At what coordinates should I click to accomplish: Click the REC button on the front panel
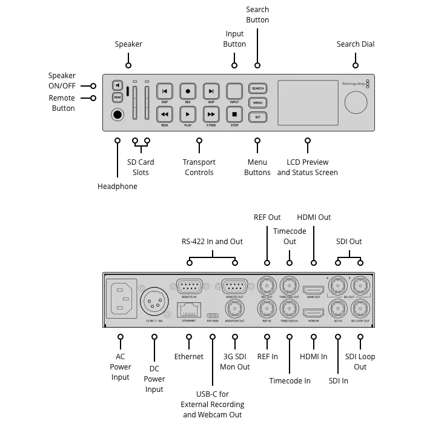188,91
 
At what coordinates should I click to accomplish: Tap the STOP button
234,114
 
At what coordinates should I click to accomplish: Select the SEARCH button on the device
257,88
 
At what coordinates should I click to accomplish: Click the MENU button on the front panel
257,102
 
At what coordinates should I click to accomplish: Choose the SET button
257,116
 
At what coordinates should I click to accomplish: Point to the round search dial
356,103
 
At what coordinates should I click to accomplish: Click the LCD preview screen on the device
307,102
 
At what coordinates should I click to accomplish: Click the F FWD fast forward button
211,114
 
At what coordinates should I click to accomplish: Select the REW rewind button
165,114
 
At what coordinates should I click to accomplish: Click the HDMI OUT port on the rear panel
313,290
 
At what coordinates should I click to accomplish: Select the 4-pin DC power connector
154,300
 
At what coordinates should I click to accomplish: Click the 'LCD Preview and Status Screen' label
307,167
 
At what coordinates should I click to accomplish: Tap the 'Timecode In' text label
290,380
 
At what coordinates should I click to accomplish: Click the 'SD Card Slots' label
141,167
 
